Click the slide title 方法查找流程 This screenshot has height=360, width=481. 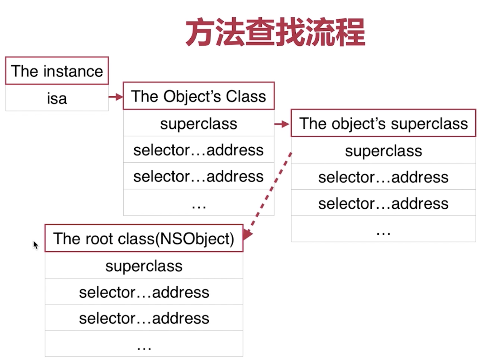[275, 32]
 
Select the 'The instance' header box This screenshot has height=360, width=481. [57, 71]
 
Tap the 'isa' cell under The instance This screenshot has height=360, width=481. [57, 98]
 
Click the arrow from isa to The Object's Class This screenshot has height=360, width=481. [116, 97]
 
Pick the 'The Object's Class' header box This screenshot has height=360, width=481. [198, 96]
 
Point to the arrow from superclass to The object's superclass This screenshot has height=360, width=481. [282, 124]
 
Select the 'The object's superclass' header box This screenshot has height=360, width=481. [383, 123]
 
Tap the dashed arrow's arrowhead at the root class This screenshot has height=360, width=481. [247, 234]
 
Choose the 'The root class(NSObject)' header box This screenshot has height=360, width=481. [144, 238]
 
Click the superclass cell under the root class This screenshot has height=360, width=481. [144, 266]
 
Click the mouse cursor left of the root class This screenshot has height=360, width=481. [36, 245]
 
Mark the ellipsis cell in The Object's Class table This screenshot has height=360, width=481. [198, 202]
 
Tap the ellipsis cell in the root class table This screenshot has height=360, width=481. [144, 344]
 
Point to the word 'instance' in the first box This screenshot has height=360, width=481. [73, 71]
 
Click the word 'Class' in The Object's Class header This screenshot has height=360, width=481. [246, 96]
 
